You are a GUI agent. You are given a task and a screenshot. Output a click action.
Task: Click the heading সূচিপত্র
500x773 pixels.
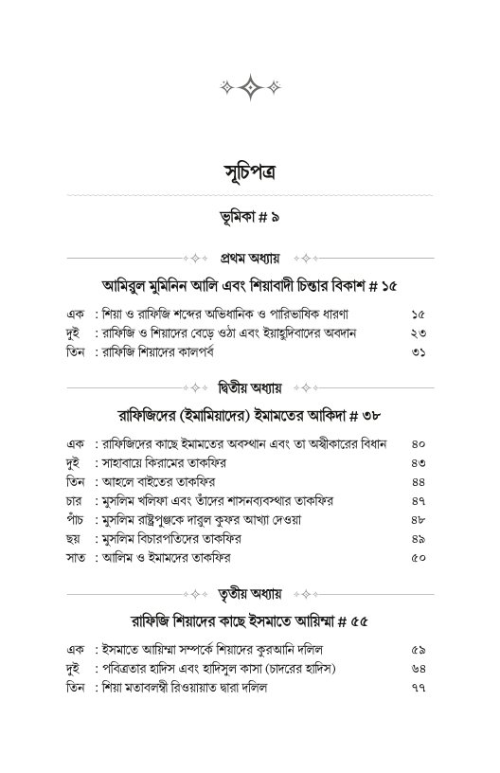point(250,174)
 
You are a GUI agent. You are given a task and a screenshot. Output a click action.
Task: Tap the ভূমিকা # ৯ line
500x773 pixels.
point(250,218)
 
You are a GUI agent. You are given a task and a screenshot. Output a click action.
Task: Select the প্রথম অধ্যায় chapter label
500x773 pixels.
point(250,258)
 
